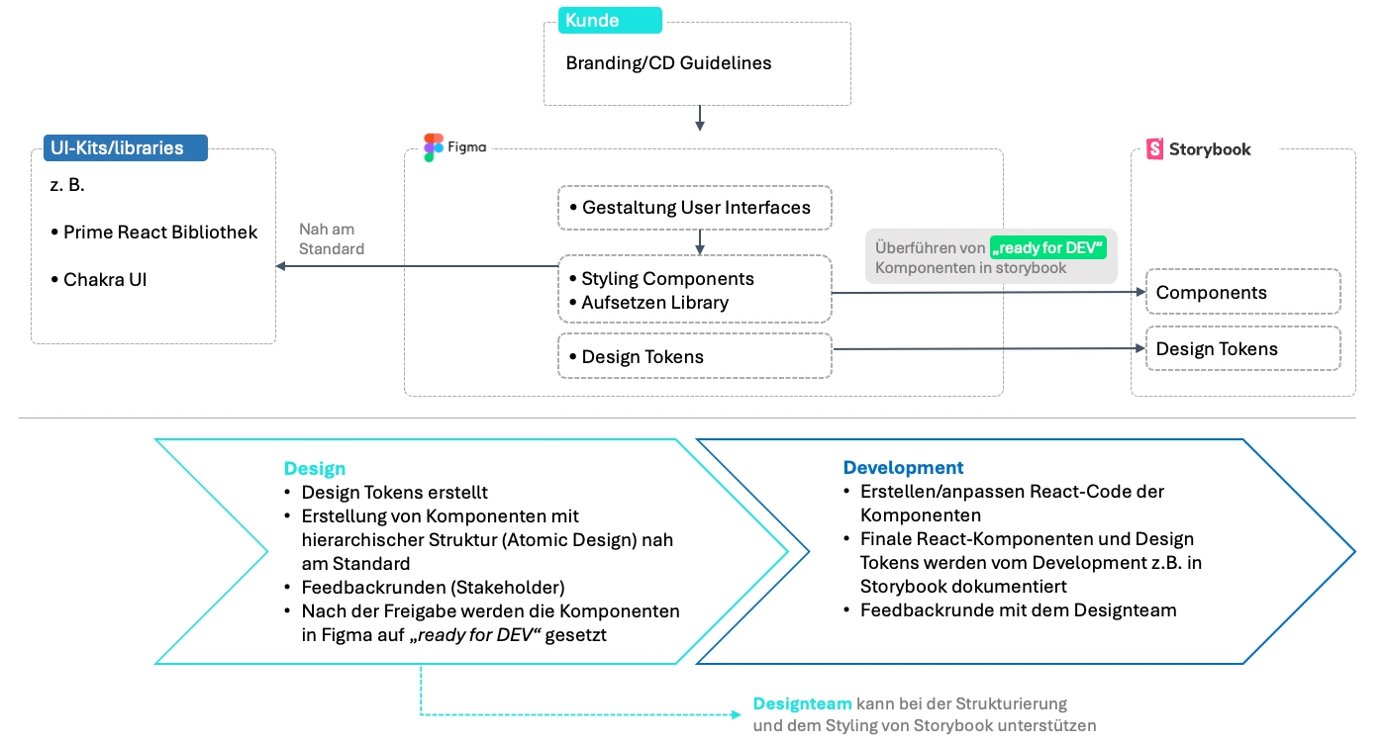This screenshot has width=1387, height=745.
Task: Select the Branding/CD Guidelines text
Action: tap(668, 63)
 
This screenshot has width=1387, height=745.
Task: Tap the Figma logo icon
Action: tap(434, 147)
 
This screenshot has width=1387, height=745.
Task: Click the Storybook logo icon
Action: tap(1154, 149)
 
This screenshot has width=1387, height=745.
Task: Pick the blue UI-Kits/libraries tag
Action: tap(125, 148)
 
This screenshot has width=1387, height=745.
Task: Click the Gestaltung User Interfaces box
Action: tap(695, 208)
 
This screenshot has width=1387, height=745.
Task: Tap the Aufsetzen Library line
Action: tap(654, 303)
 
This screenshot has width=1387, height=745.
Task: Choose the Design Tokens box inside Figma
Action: tap(695, 356)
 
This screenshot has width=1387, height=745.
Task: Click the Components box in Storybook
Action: tap(1242, 292)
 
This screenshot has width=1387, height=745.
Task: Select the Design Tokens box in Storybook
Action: tap(1242, 348)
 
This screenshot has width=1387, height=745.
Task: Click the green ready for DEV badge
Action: tap(1047, 247)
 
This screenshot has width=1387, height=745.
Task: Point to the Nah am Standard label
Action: tap(331, 238)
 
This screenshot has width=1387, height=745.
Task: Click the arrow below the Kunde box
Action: tap(700, 119)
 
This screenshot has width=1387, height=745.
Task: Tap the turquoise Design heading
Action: tap(315, 468)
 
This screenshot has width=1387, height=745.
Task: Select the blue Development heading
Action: tap(903, 467)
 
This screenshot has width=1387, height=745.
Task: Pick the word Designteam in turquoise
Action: tap(802, 703)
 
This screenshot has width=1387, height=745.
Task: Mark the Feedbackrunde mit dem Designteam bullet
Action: tap(1018, 610)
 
